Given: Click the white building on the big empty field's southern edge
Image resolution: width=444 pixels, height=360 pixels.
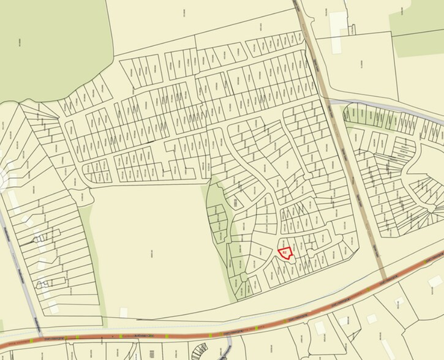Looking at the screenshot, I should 124,313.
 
